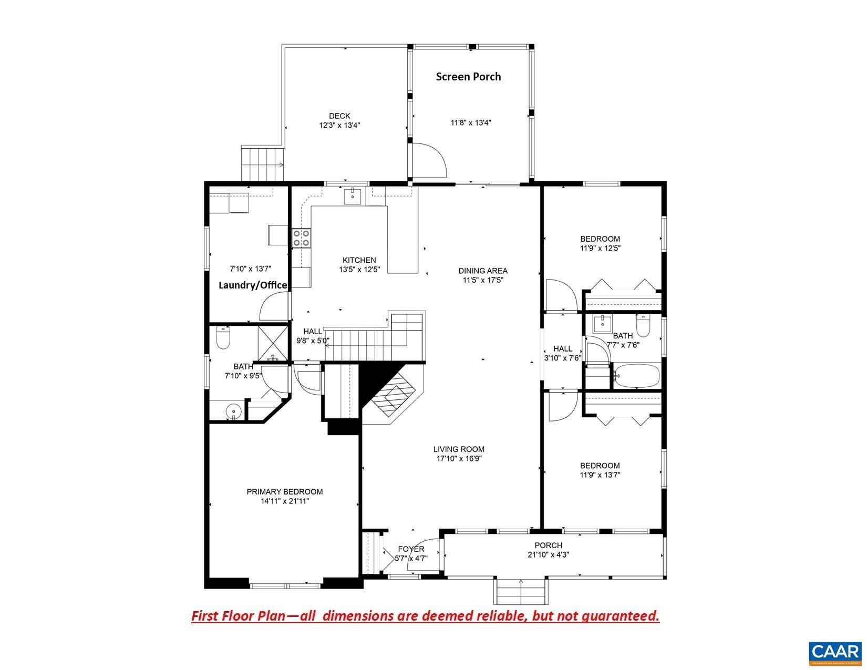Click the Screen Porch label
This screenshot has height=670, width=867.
click(468, 77)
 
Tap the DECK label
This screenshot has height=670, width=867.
click(339, 116)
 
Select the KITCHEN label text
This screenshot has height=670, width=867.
click(359, 260)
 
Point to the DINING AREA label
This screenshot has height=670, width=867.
click(483, 271)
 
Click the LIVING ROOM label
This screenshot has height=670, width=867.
click(459, 449)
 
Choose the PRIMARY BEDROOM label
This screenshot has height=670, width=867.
click(285, 492)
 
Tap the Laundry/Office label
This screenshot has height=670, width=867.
click(253, 285)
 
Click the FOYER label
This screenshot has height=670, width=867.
click(411, 549)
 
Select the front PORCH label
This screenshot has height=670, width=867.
click(549, 545)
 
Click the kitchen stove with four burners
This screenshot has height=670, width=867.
click(302, 238)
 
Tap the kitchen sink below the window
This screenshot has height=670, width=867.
click(352, 197)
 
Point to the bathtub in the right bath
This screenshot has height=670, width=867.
click(636, 376)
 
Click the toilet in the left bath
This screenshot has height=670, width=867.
click(223, 339)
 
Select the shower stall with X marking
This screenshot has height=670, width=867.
click(273, 342)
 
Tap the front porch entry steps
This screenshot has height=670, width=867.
click(520, 591)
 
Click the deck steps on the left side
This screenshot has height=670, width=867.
click(262, 163)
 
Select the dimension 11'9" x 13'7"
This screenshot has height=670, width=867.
click(600, 475)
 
